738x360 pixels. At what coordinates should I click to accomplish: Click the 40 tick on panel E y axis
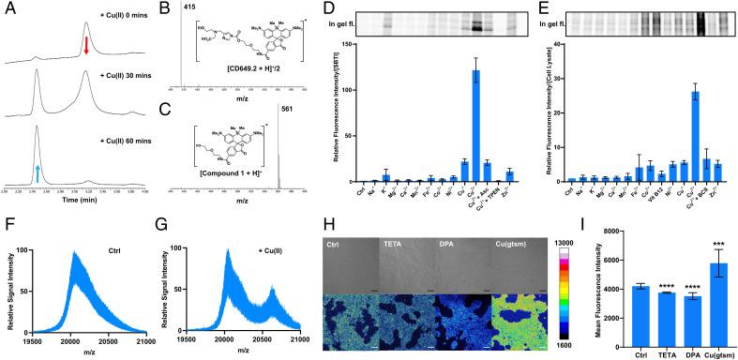click(556, 44)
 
